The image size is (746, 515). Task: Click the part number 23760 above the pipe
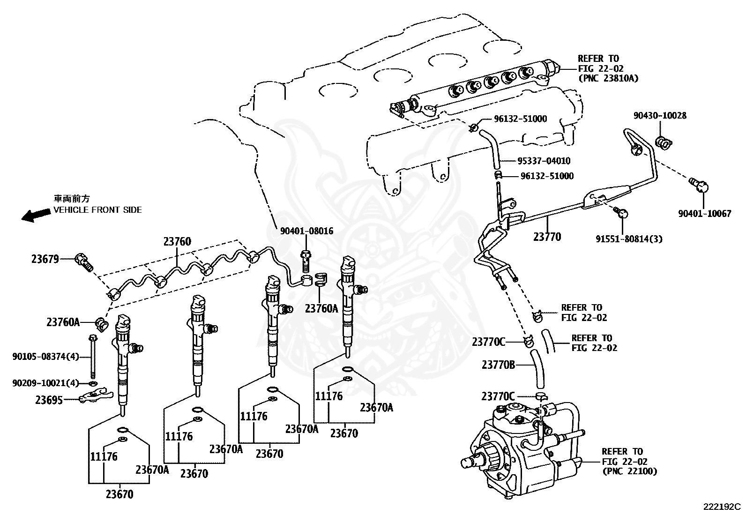point(177,242)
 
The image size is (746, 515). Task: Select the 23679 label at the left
point(45,259)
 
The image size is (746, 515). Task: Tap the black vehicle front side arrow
point(36,215)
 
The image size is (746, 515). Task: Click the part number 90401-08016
point(307,231)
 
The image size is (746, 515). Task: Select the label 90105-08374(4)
point(46,356)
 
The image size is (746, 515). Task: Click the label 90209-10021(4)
point(46,383)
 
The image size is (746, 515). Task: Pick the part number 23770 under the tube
point(547,237)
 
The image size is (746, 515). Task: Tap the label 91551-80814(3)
point(629,239)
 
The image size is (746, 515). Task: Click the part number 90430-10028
point(660,115)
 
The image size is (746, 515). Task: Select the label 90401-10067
point(704,213)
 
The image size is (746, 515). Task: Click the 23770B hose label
point(499,364)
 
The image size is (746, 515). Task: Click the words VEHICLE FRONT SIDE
point(97,210)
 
